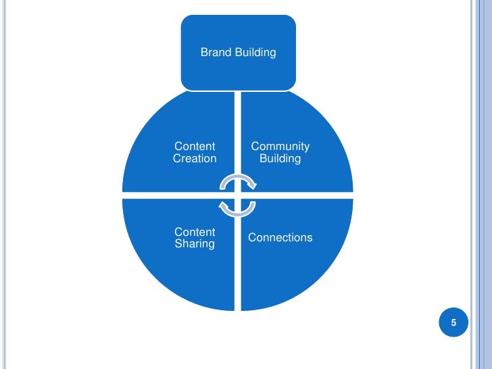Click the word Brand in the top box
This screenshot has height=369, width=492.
(216, 52)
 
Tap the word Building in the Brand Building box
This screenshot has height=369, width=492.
(255, 52)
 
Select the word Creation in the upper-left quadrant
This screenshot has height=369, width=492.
(195, 159)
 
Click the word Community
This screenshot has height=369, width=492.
(280, 147)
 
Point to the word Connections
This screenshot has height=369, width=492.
(280, 238)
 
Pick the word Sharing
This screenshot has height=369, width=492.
(195, 244)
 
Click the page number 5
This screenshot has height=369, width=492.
(453, 323)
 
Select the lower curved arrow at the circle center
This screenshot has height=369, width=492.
(238, 208)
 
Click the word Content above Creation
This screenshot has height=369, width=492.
(195, 147)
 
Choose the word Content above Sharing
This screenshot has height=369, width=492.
(195, 232)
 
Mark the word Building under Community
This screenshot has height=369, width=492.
(280, 159)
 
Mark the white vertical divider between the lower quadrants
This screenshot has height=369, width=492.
(238, 270)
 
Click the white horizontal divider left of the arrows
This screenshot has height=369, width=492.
(169, 195)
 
